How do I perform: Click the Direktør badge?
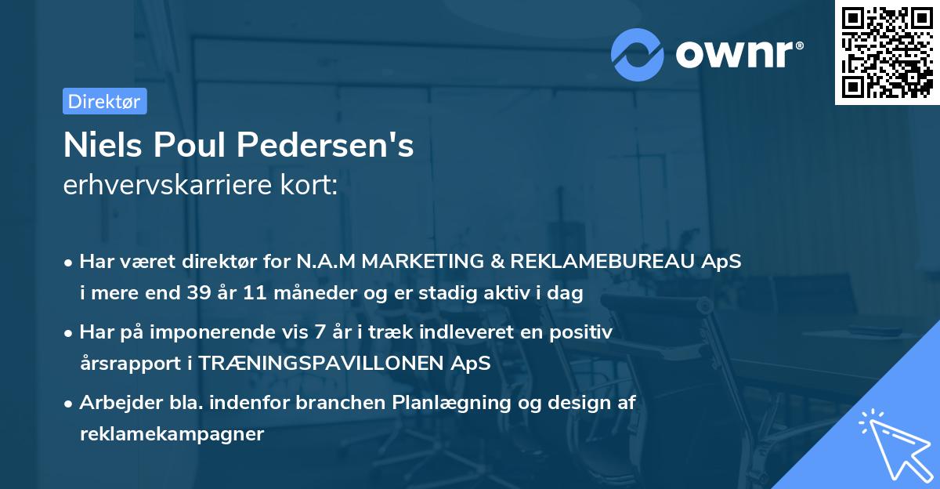104,101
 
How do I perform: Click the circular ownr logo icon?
638,54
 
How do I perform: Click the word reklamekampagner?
172,433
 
